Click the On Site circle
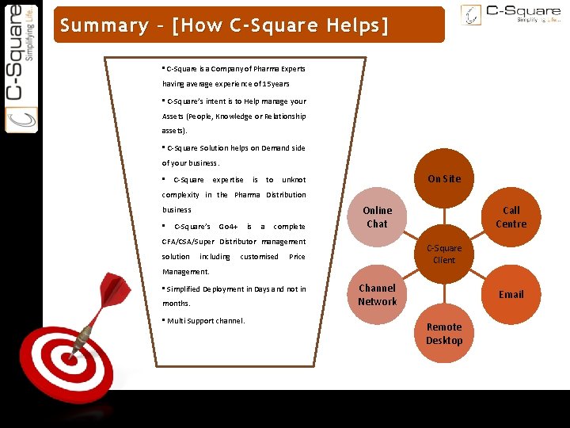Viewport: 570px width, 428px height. click(443, 178)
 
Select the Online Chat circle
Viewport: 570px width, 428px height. click(377, 216)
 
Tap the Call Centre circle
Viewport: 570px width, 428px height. click(511, 216)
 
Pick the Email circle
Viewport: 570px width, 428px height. click(511, 294)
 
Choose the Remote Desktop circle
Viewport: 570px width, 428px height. click(443, 333)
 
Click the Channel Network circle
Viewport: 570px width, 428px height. click(377, 294)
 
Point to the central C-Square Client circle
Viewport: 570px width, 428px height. click(444, 254)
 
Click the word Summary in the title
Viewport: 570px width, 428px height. click(104, 25)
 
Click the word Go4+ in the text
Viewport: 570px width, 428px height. click(228, 226)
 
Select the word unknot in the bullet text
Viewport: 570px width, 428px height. click(294, 180)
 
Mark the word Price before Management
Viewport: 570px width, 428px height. click(297, 257)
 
